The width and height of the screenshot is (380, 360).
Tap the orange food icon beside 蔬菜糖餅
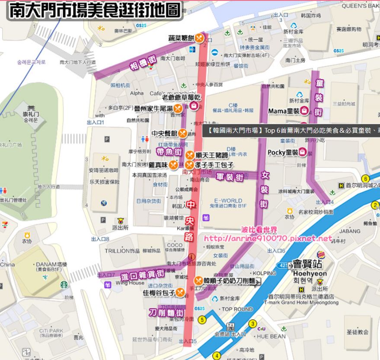click(199, 38)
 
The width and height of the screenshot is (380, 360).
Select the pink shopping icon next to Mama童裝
click(304, 111)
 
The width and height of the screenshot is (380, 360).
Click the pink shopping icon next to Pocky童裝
click(303, 152)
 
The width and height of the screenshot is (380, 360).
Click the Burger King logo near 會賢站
click(321, 255)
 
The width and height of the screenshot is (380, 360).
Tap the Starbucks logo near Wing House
click(64, 284)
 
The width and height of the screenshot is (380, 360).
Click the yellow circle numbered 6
click(366, 178)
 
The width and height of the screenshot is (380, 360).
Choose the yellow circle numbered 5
click(202, 320)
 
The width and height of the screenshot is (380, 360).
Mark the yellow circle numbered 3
click(253, 323)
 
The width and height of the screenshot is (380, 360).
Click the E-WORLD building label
click(228, 201)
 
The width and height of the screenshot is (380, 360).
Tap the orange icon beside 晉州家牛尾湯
click(178, 108)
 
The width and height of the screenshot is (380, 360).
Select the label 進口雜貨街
click(142, 274)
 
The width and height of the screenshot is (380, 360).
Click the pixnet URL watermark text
click(268, 238)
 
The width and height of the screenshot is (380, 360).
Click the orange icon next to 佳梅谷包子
click(180, 293)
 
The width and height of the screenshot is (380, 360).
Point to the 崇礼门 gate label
click(31, 115)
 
